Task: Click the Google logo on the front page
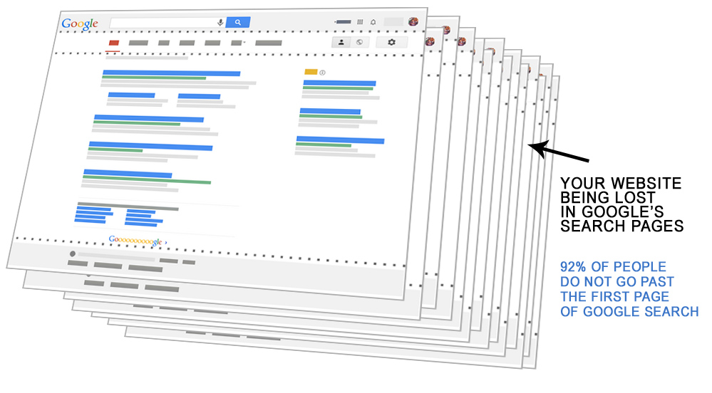(79, 23)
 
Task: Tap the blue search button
(237, 22)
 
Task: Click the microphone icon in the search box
(220, 22)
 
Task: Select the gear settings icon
(391, 43)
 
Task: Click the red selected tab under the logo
(113, 43)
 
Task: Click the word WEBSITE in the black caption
(647, 184)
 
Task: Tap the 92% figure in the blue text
(574, 267)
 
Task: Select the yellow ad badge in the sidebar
(310, 72)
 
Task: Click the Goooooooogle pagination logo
(135, 241)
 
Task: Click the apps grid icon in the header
(360, 23)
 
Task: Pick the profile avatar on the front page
(413, 21)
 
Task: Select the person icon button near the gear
(341, 42)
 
